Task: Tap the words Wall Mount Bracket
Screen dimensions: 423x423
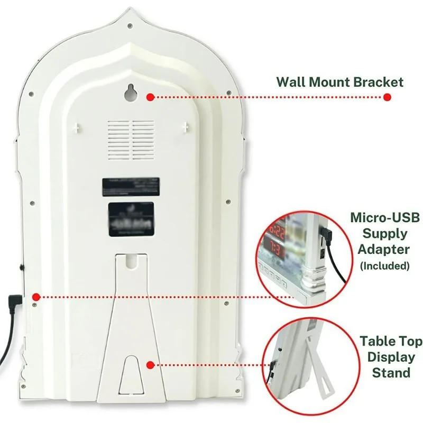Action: point(340,82)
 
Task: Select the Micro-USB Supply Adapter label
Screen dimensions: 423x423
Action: point(379,233)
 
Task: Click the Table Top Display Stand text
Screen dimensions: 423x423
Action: point(384,356)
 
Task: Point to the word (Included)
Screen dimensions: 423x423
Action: point(385,265)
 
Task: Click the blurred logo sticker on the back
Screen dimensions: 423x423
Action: point(131,217)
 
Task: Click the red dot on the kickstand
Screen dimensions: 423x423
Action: point(151,365)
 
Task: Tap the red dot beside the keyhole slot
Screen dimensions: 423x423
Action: point(151,97)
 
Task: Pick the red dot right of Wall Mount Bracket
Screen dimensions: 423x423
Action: point(387,97)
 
